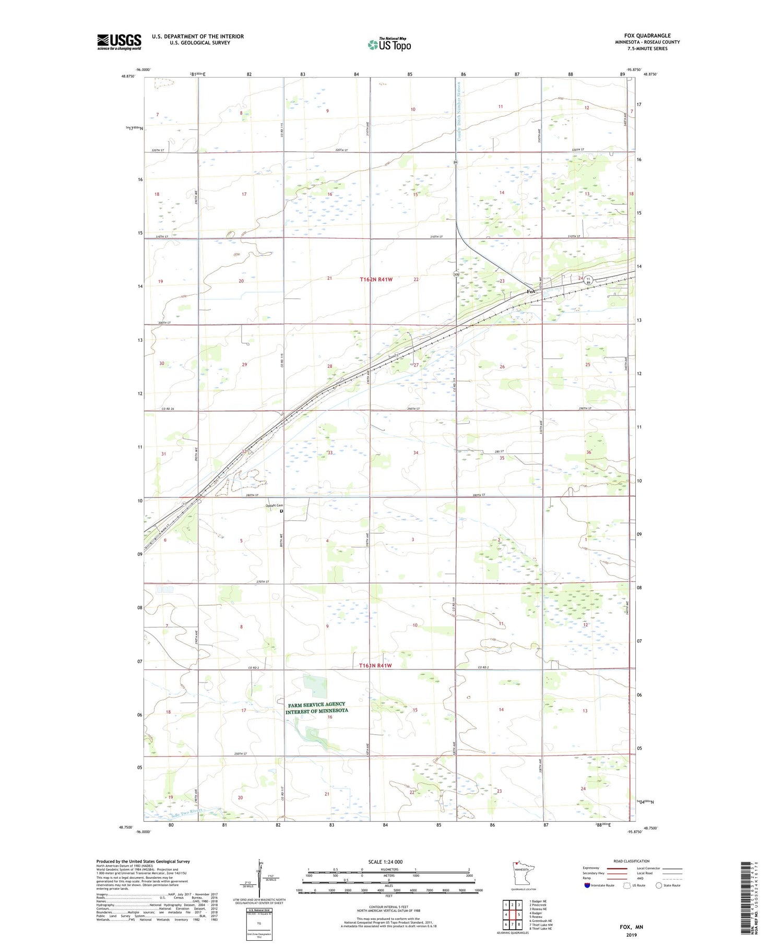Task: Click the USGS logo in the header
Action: point(119,42)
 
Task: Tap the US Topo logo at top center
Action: point(389,44)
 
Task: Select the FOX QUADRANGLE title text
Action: point(647,35)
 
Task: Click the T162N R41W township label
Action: point(376,280)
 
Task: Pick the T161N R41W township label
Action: point(375,666)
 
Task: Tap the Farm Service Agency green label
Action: point(317,708)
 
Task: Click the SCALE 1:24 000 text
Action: point(385,861)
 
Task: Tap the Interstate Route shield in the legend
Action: point(587,885)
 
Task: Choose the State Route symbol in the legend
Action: point(659,885)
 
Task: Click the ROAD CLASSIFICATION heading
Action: point(631,861)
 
